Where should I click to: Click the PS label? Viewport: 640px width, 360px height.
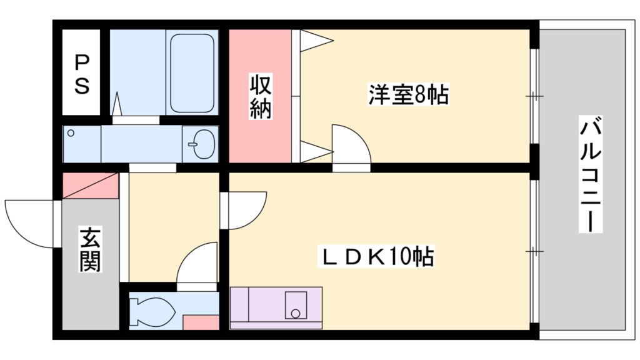click(82, 74)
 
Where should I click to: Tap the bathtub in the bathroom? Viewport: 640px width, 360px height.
click(192, 72)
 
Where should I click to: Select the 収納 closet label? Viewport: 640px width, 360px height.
click(261, 96)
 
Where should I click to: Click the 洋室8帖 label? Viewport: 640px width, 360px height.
click(408, 95)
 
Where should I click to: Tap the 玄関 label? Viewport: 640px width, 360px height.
click(89, 250)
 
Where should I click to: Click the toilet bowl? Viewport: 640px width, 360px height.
click(154, 310)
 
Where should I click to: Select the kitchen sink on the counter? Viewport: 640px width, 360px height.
click(296, 305)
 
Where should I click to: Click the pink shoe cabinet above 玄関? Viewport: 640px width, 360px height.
click(91, 186)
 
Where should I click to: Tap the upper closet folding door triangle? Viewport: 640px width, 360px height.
click(314, 41)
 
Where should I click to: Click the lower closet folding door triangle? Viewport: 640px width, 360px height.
click(313, 151)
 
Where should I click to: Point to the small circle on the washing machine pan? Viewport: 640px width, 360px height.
click(71, 133)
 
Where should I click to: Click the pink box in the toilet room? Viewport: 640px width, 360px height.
click(201, 322)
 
